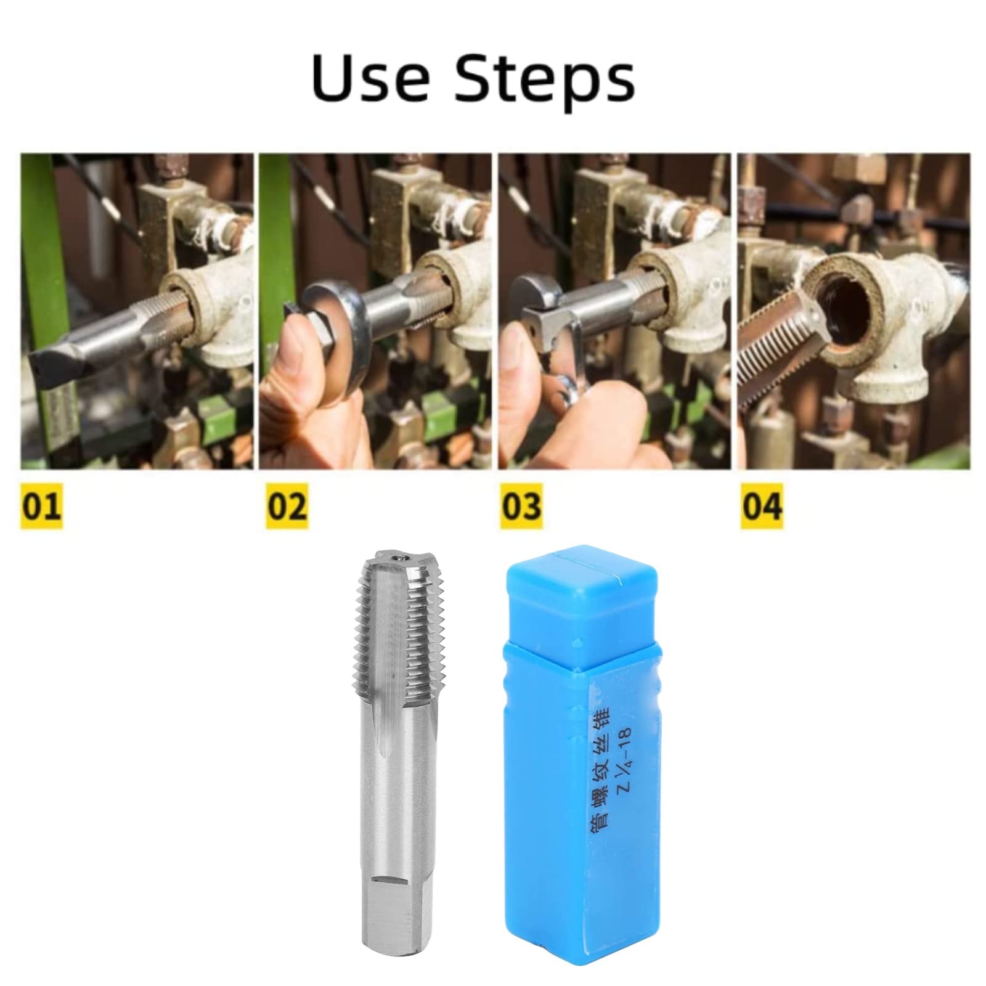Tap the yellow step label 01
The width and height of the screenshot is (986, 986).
point(41,506)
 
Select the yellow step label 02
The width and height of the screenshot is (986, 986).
point(287,506)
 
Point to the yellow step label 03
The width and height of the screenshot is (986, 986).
point(521,506)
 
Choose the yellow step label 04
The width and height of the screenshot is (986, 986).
point(762,506)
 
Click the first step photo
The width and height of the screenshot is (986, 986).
point(137,311)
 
